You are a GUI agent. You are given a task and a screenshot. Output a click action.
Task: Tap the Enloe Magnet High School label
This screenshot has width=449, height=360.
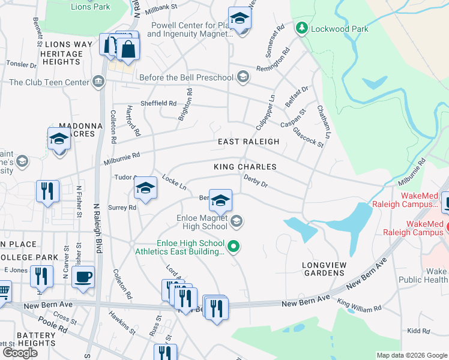[x=202, y=222]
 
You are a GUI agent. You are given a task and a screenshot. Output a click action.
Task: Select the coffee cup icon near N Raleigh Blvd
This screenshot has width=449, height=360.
[x=83, y=277]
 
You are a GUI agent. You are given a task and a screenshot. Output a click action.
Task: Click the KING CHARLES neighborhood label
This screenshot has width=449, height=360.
[x=245, y=167]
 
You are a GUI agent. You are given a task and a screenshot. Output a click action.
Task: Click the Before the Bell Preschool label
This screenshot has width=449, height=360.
[x=185, y=77]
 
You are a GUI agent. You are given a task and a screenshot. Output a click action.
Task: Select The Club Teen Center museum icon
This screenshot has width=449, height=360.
[x=98, y=82]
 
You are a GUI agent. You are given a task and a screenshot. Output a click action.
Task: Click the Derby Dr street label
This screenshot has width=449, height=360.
[x=255, y=181]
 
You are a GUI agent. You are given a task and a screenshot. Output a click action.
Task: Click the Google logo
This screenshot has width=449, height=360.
[x=20, y=353]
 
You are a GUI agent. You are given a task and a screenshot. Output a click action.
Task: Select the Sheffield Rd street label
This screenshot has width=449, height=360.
[x=158, y=103]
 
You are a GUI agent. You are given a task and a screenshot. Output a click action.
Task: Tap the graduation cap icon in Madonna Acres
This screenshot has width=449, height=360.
[x=59, y=139]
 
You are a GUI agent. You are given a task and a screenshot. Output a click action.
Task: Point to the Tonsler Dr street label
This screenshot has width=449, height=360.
[x=22, y=63]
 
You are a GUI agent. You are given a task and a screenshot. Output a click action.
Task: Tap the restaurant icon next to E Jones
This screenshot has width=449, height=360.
[x=41, y=276]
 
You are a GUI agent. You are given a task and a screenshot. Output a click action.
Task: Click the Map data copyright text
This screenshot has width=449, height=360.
[x=412, y=355]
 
